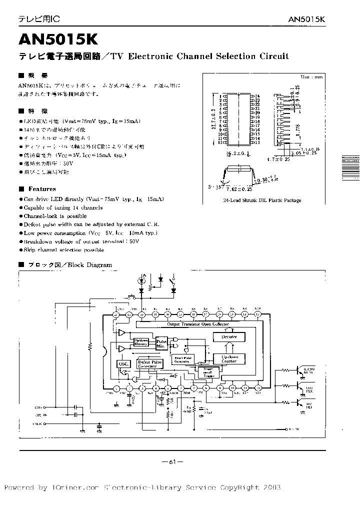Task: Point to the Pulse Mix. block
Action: [x=162, y=343]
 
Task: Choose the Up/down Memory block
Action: [x=141, y=342]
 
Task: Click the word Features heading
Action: [x=42, y=189]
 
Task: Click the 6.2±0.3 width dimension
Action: [x=237, y=154]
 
